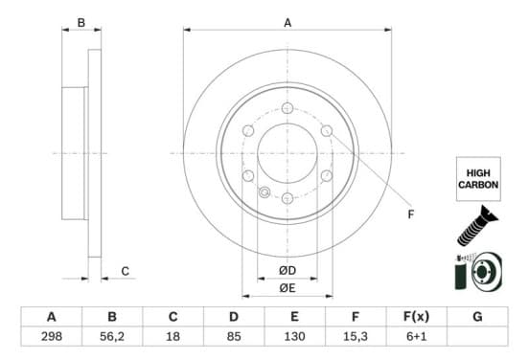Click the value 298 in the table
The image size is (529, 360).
pos(52,336)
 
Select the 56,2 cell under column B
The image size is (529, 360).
pos(112,336)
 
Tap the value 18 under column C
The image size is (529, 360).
pos(172,336)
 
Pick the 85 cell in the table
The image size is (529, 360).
pos(234,336)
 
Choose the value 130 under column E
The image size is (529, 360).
pos(294,336)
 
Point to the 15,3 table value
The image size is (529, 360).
pos(356,336)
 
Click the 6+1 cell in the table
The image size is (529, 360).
pos(416,336)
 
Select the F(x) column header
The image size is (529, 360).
pos(416,317)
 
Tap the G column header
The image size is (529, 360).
pos(477,317)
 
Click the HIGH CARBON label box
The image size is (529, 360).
pos(478,179)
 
